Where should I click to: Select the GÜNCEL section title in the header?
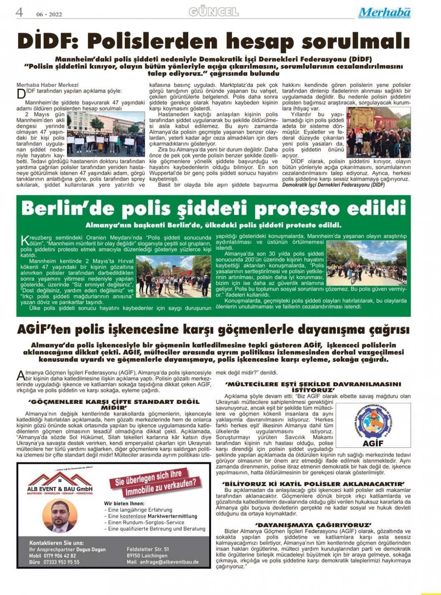pyautogui.click(x=213, y=12)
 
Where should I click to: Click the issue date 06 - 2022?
pyautogui.click(x=49, y=14)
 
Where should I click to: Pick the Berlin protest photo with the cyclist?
pyautogui.click(x=366, y=262)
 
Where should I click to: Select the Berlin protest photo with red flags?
pyautogui.click(x=173, y=276)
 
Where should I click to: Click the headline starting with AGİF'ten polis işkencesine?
pyautogui.click(x=213, y=329)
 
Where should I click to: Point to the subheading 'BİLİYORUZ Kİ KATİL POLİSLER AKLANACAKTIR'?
pyautogui.click(x=313, y=484)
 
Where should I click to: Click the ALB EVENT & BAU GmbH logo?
pyautogui.click(x=60, y=484)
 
